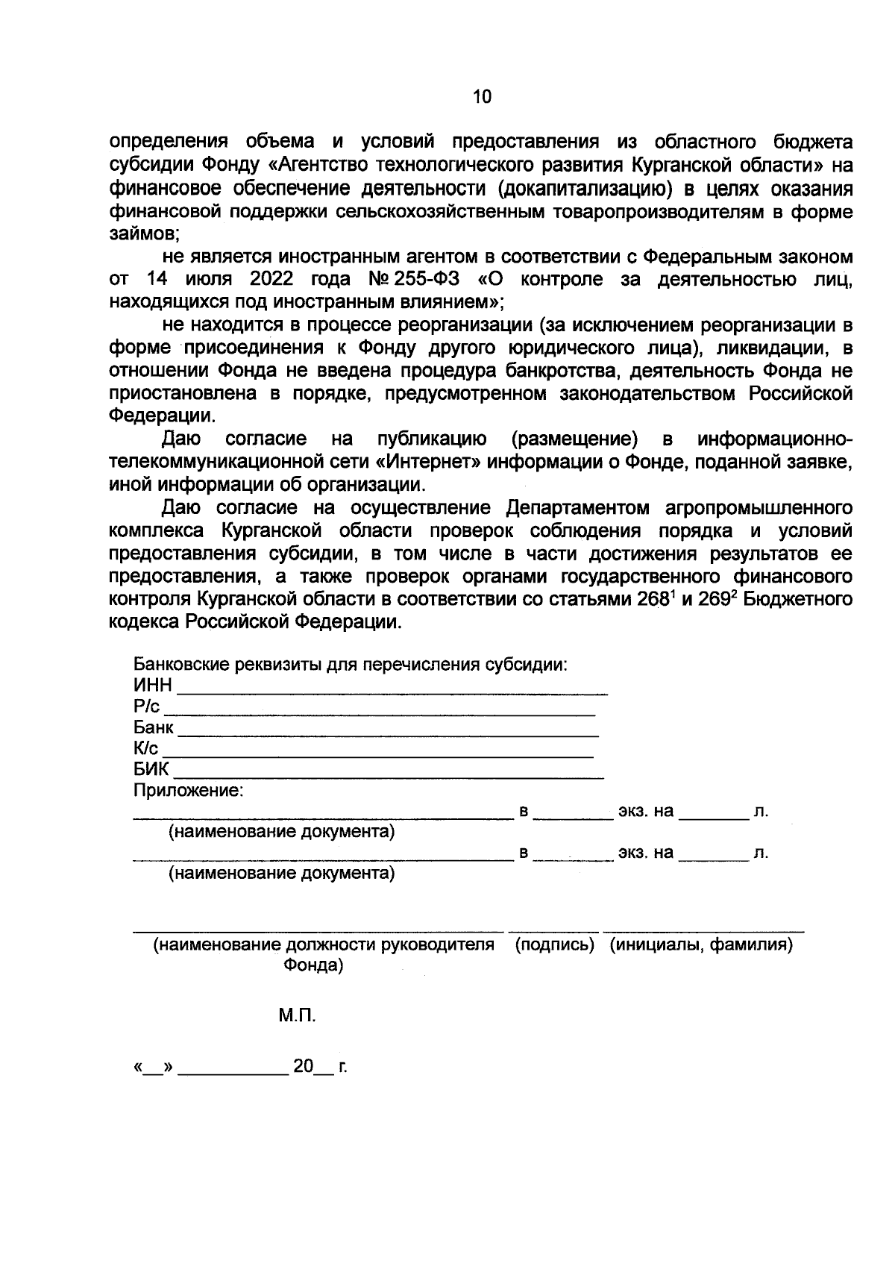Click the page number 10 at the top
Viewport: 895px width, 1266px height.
tap(482, 96)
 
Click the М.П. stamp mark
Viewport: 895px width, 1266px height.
tap(298, 1015)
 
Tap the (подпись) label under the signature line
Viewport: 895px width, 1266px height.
tap(555, 945)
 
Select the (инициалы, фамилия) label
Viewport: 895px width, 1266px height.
tap(700, 945)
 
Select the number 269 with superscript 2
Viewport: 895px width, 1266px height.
tap(714, 599)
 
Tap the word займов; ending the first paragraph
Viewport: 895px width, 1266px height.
tap(142, 234)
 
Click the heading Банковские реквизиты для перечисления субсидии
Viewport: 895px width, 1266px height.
tap(351, 664)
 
